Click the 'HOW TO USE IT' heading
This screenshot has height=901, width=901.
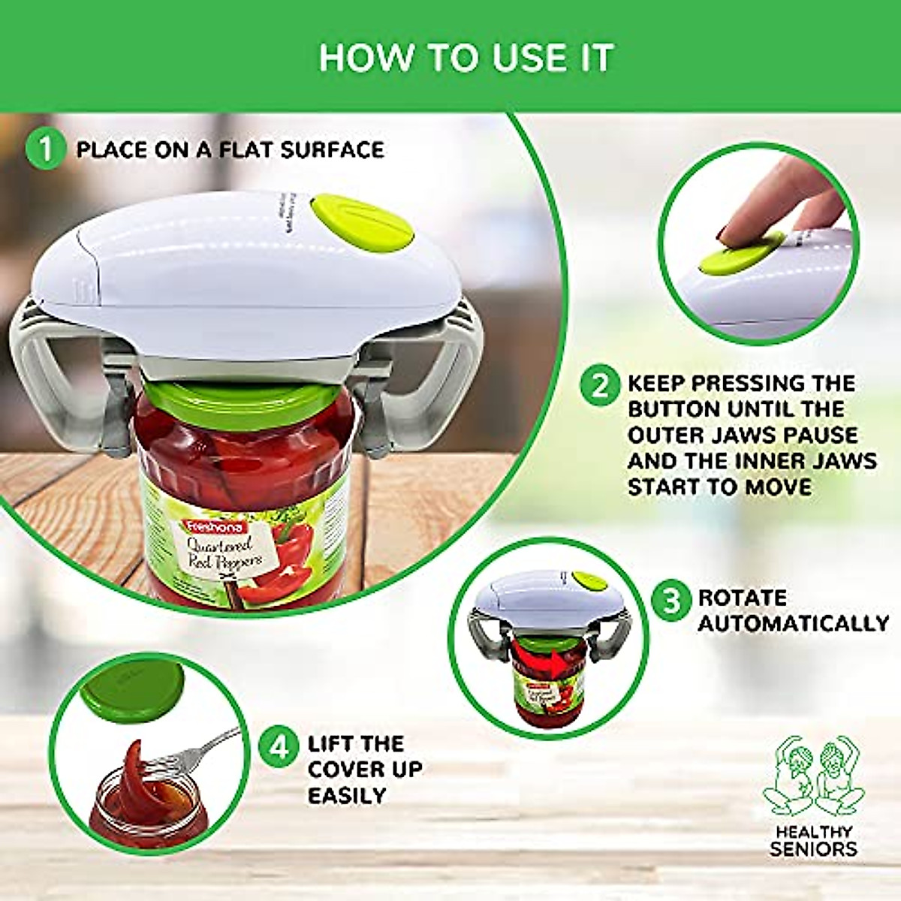tap(466, 58)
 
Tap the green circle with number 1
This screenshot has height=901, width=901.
tap(47, 149)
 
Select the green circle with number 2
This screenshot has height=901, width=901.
tap(601, 385)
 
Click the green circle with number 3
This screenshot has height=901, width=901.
tap(670, 601)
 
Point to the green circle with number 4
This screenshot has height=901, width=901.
tap(279, 747)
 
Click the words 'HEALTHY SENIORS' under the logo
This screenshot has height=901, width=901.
tap(813, 840)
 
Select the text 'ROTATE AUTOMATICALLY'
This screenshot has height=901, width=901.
tap(792, 610)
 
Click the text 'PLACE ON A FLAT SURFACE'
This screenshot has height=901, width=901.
tap(230, 149)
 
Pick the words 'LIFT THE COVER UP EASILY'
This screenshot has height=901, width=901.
tap(365, 770)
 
